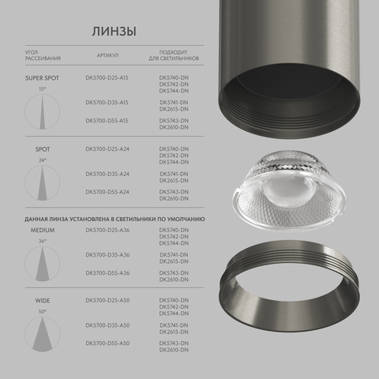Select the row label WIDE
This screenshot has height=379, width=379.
coord(42,302)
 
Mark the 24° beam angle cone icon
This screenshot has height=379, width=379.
coord(42,184)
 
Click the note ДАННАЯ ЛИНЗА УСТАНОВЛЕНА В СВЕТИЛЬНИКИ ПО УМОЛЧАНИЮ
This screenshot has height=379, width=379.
coord(114,216)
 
